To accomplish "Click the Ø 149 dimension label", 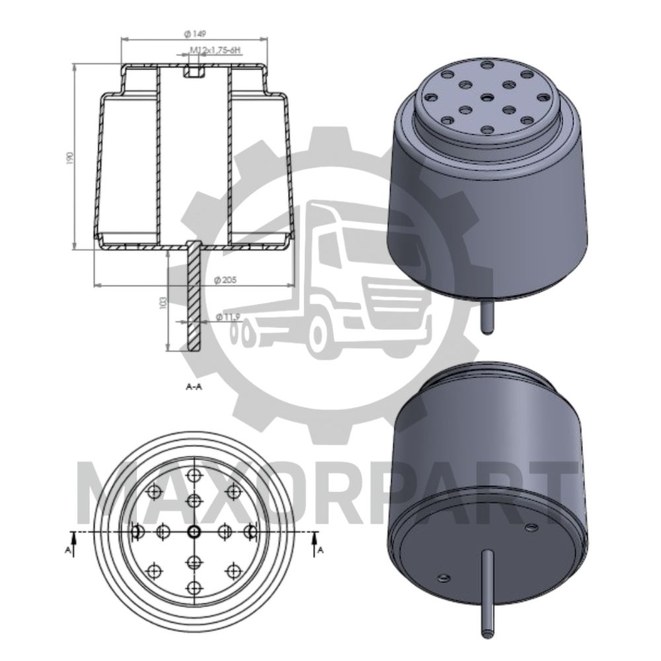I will point(194,33).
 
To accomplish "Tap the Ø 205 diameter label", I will point(226,280).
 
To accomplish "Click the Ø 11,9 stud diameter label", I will point(227,318).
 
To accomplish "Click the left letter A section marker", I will point(67,549).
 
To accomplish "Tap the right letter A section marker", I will point(321,549).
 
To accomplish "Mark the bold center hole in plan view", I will point(194,531).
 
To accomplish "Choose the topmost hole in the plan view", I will point(194,475).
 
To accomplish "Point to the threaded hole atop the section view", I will point(193,71).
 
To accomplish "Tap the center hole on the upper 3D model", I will point(487,97).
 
